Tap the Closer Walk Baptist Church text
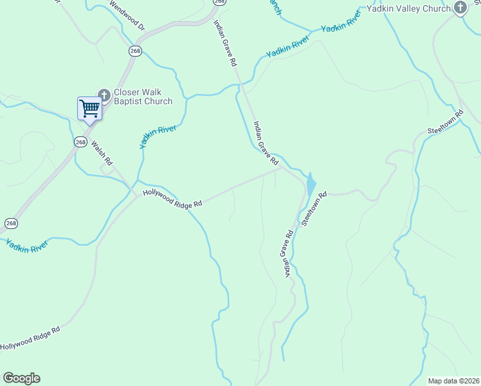click(x=143, y=96)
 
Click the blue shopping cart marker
click(x=89, y=107)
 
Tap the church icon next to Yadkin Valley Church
click(x=460, y=8)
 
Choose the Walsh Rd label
click(x=102, y=152)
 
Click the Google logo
click(x=21, y=378)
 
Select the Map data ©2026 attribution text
click(x=453, y=381)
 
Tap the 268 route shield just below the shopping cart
click(x=80, y=142)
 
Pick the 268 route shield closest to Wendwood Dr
click(x=134, y=51)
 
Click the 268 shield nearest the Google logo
click(x=11, y=223)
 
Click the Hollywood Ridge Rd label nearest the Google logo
click(x=30, y=338)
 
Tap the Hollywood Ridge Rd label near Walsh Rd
click(x=172, y=198)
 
